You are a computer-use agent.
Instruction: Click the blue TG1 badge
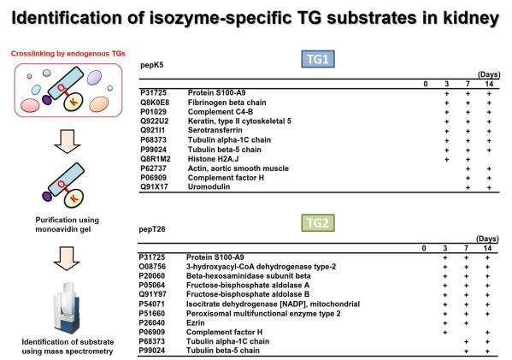[318, 59]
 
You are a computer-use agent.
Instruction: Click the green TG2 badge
[318, 223]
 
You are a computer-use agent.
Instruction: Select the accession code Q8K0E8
[155, 103]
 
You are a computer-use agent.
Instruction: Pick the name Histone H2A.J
[213, 159]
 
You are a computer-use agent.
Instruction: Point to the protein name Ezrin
[195, 322]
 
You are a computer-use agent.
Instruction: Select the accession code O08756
[152, 267]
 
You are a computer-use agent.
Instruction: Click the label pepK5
[152, 65]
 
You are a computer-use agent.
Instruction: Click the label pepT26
[152, 229]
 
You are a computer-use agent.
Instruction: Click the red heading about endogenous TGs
[68, 54]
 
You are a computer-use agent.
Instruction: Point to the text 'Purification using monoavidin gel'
[67, 224]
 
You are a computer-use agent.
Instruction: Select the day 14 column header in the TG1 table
[489, 84]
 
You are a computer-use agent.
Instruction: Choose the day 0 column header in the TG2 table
[424, 248]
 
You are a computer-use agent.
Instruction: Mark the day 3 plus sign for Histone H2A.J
[447, 159]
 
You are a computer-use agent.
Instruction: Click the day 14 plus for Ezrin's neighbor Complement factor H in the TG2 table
[487, 333]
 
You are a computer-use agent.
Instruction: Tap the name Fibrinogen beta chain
[227, 103]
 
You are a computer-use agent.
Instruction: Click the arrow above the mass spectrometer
[67, 258]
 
